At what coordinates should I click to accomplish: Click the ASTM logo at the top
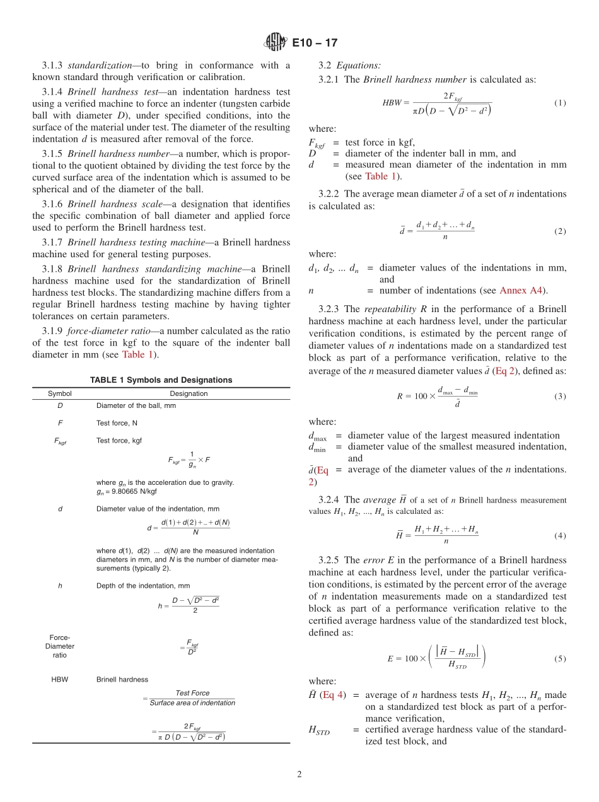pyautogui.click(x=275, y=43)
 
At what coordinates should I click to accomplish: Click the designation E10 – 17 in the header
pyautogui.click(x=315, y=43)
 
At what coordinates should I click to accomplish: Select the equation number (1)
pyautogui.click(x=560, y=103)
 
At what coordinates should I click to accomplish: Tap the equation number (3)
pyautogui.click(x=560, y=397)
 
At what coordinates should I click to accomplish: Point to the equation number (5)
pyautogui.click(x=560, y=659)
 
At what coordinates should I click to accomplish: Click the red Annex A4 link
pyautogui.click(x=523, y=291)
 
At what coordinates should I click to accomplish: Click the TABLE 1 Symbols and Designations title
pyautogui.click(x=161, y=380)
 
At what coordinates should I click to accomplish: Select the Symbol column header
pyautogui.click(x=60, y=393)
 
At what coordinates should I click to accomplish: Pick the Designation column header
pyautogui.click(x=189, y=393)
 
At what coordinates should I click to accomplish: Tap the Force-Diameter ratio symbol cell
pyautogui.click(x=60, y=646)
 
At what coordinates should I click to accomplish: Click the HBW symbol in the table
pyautogui.click(x=60, y=680)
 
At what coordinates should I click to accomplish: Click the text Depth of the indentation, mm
pyautogui.click(x=143, y=586)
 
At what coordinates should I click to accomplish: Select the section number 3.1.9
pyautogui.click(x=52, y=330)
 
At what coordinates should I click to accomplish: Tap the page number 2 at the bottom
pyautogui.click(x=299, y=775)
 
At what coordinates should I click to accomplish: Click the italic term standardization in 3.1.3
pyautogui.click(x=98, y=66)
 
